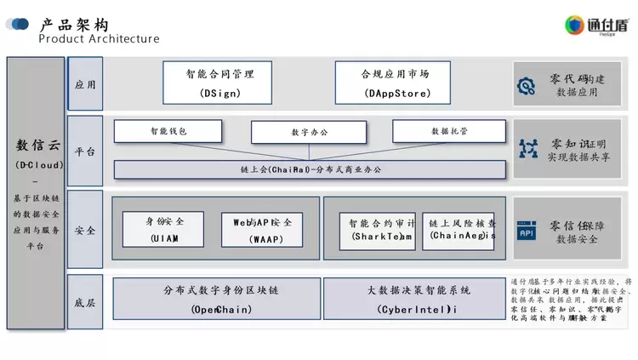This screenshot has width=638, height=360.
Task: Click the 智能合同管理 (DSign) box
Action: pos(220,82)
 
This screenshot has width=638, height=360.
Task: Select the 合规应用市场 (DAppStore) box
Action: pos(394,82)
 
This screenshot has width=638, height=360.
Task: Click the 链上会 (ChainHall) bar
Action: pos(310,170)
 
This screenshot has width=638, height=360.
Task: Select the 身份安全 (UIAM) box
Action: pos(163,229)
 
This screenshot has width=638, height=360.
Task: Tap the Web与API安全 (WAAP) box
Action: pos(262,229)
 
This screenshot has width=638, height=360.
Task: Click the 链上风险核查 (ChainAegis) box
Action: pos(459,230)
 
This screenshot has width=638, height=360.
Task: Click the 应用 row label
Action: pos(85,84)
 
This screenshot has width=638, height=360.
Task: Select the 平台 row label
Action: pos(85,151)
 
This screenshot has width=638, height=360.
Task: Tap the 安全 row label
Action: pos(85,230)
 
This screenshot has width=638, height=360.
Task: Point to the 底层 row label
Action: pos(85,302)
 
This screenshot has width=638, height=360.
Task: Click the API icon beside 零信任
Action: pos(527,231)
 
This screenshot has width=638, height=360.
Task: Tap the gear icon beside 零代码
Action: pos(527,85)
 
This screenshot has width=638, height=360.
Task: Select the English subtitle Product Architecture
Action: pos(99,39)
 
